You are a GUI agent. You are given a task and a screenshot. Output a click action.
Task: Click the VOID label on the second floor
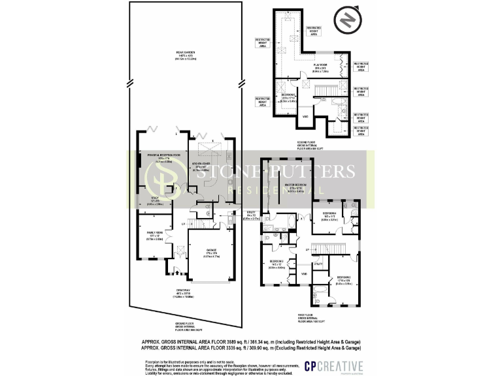[305, 117]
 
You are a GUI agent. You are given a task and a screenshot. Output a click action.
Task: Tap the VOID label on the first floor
[304, 274]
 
